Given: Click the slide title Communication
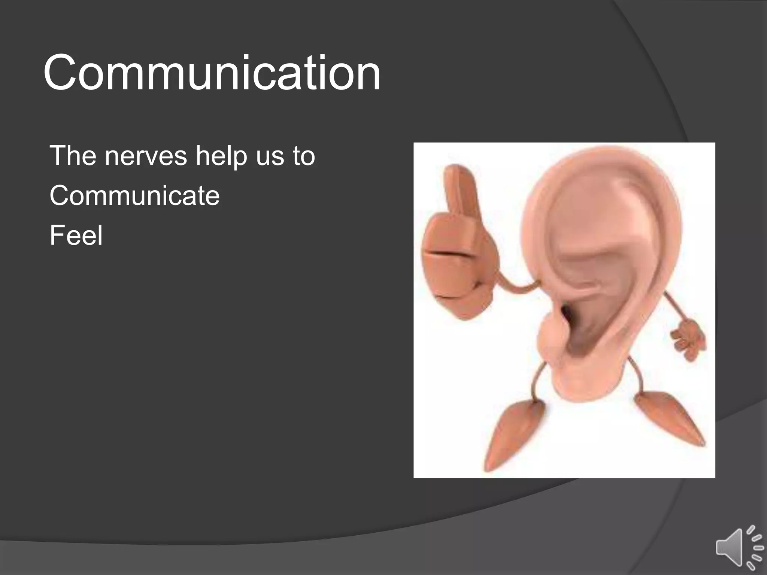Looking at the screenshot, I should (212, 73).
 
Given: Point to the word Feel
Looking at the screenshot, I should (76, 235).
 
